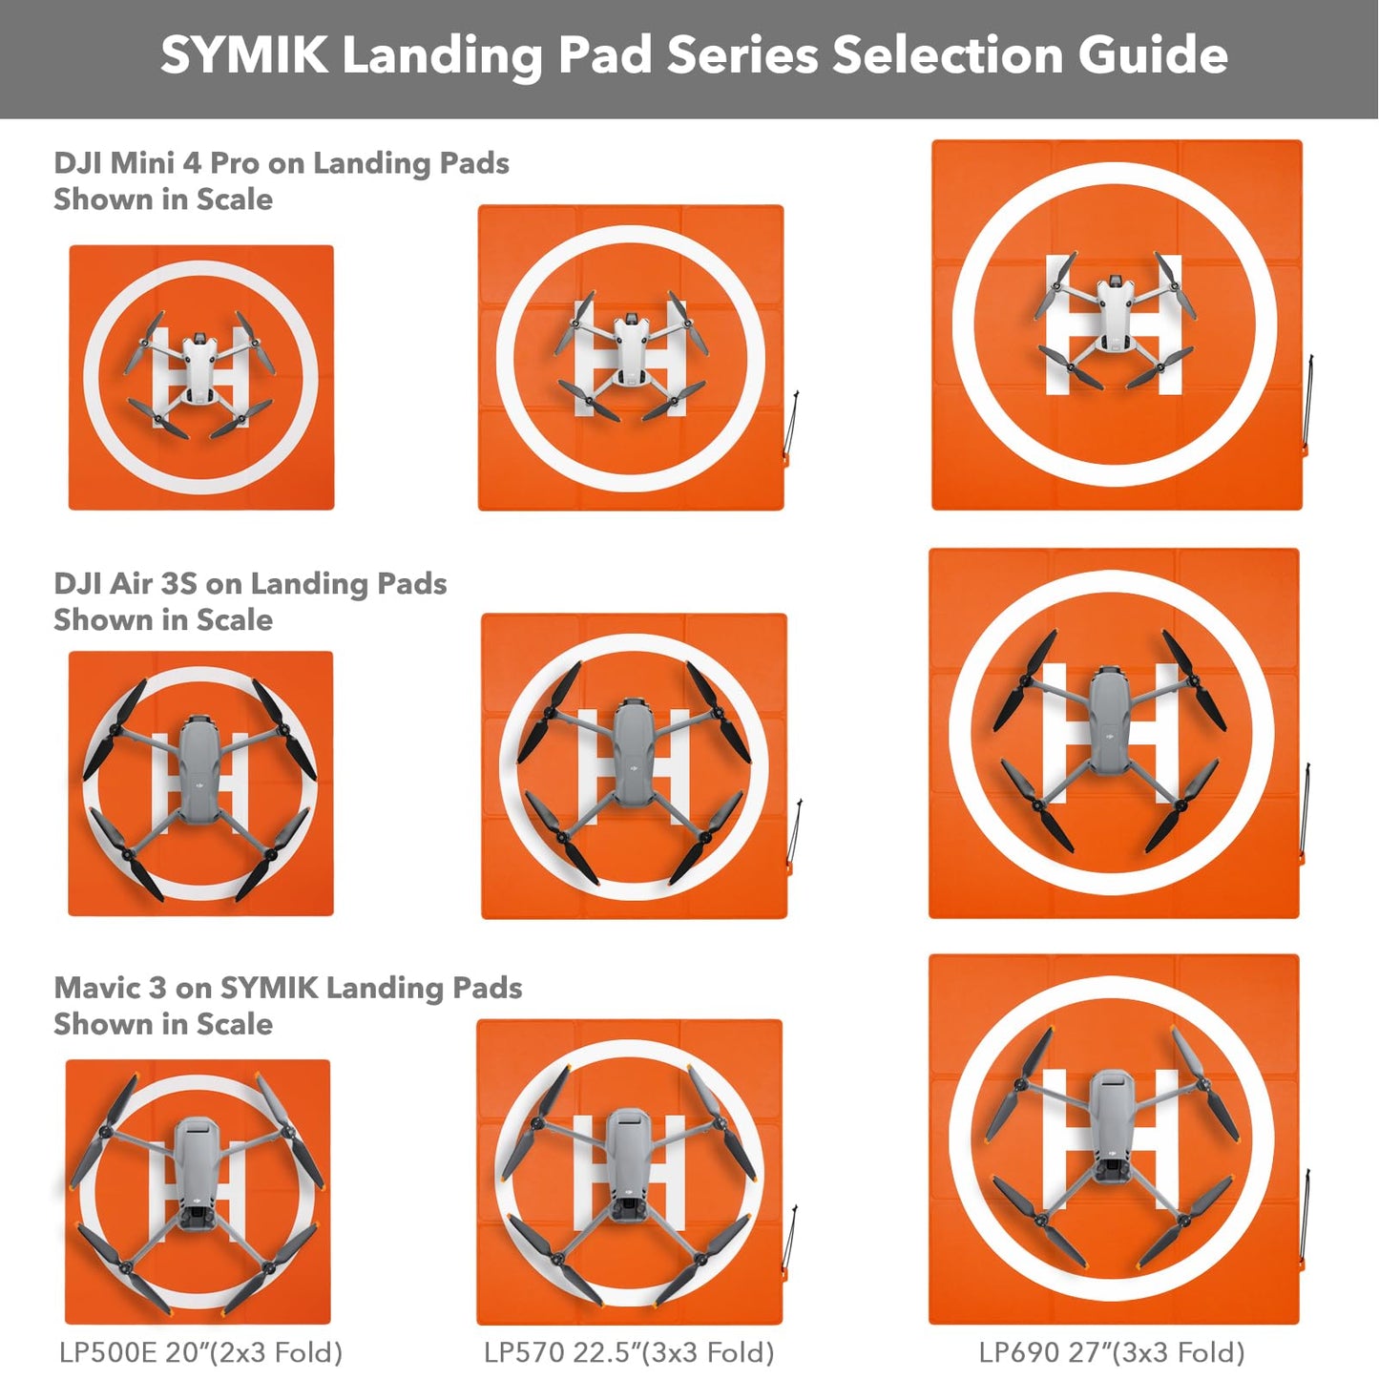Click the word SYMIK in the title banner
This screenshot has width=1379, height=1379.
243,54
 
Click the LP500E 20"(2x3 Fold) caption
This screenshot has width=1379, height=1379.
200,1352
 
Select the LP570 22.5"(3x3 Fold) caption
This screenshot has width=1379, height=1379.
629,1352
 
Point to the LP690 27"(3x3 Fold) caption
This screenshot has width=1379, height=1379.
1112,1352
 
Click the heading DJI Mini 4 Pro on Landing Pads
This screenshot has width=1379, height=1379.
281,163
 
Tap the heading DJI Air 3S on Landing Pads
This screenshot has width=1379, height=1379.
250,583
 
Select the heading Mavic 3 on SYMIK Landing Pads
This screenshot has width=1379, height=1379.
287,988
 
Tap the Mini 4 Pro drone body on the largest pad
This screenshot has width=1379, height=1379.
1115,316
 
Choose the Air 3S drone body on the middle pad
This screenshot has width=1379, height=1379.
632,755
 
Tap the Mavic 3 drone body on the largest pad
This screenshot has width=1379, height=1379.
1111,1126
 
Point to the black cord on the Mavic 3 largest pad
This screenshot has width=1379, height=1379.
1306,1217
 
